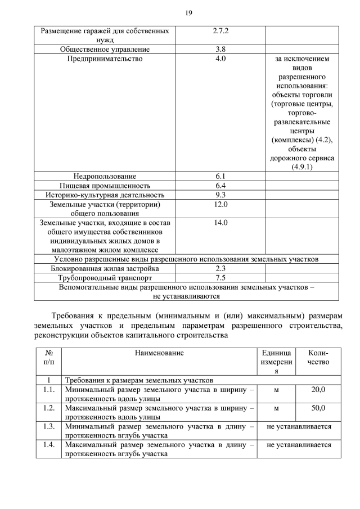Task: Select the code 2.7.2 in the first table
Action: [220, 31]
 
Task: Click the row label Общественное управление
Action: [105, 49]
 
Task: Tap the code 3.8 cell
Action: [220, 49]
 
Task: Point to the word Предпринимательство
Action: [105, 58]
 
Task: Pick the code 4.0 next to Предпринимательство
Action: [220, 58]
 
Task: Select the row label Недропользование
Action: [105, 176]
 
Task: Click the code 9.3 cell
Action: [220, 195]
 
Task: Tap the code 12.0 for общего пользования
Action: [220, 204]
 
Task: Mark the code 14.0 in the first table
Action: [220, 223]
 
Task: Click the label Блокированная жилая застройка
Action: [105, 268]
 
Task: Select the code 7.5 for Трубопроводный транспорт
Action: [220, 277]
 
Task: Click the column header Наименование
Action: [159, 353]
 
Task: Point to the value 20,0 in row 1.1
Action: [318, 389]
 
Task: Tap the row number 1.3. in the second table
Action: [48, 426]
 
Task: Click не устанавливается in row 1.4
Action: [299, 445]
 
